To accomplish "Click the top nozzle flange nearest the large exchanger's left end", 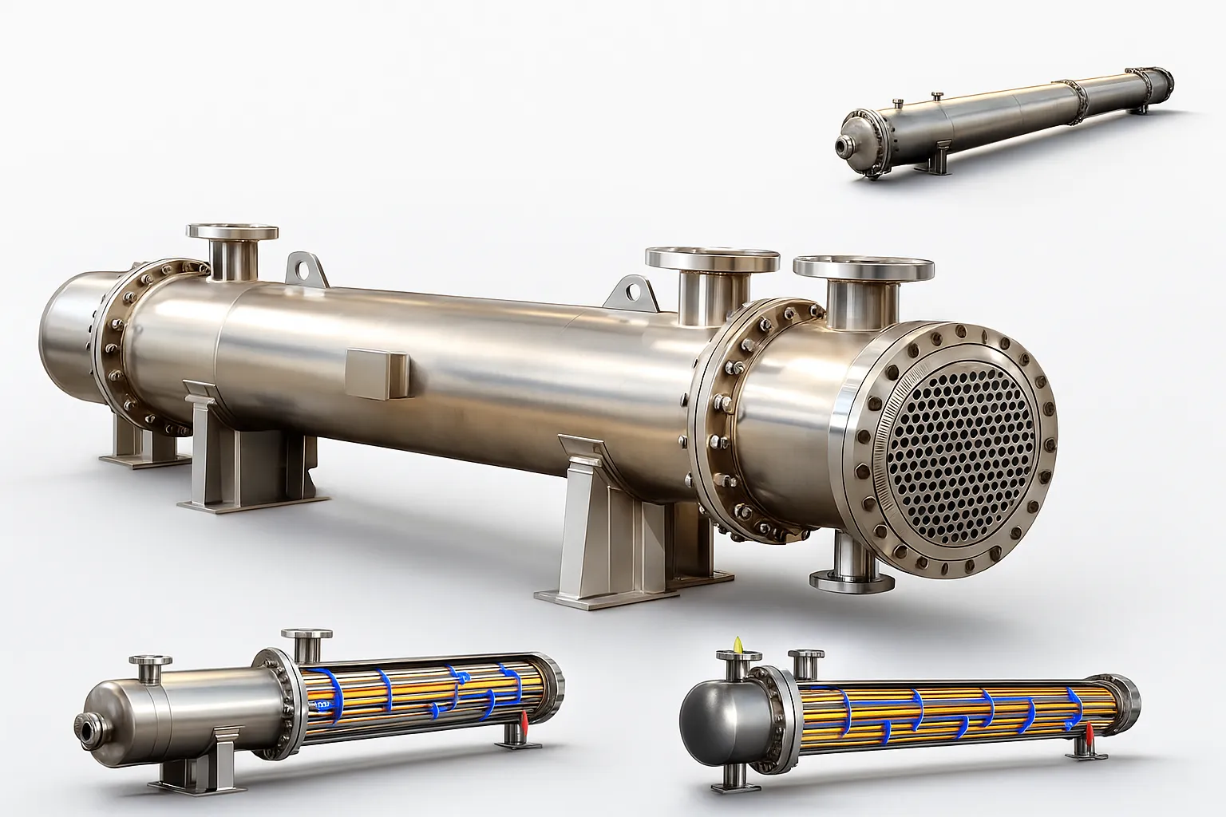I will [232, 233].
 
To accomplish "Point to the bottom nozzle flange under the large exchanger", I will [845, 579].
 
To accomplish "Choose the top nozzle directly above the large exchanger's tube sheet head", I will [863, 271].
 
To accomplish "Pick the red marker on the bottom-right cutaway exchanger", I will [1087, 731].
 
